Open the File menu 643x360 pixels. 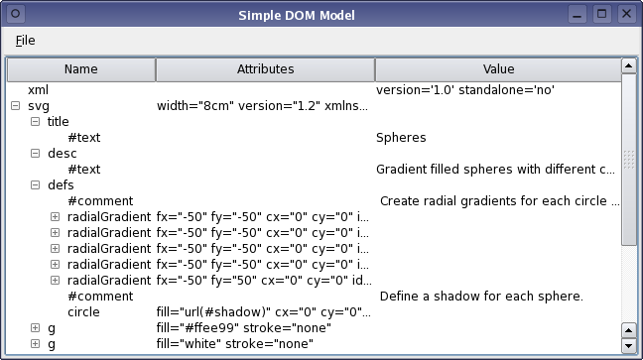26,41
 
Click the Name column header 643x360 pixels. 80,69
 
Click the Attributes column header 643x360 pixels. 265,69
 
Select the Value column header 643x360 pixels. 497,69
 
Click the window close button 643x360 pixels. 626,14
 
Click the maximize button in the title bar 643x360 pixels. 602,14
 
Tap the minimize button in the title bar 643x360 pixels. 579,14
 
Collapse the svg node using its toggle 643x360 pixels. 14,106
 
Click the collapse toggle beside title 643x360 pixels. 35,122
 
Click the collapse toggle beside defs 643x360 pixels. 35,185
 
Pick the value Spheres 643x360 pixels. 401,138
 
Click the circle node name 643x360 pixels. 83,312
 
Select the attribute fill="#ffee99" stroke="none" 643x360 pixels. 244,328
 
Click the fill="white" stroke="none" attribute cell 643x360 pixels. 235,344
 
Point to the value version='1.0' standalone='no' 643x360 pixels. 464,90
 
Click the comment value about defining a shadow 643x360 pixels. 481,297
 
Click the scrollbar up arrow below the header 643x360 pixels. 628,65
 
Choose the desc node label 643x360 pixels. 62,154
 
